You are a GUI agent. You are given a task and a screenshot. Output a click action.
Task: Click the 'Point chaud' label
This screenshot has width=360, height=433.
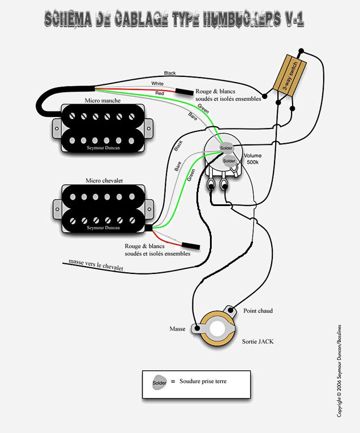pyautogui.click(x=259, y=311)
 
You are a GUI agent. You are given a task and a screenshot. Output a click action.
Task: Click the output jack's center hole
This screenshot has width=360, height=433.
pyautogui.click(x=217, y=328)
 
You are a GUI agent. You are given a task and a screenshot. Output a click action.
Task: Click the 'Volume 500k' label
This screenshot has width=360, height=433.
pyautogui.click(x=253, y=158)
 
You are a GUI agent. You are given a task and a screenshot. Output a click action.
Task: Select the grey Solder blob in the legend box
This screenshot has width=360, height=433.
pyautogui.click(x=160, y=382)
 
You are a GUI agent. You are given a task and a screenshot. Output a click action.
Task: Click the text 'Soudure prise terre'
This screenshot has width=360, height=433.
pyautogui.click(x=203, y=381)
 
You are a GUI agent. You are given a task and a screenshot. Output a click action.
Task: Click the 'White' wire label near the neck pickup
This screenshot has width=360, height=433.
pyautogui.click(x=158, y=84)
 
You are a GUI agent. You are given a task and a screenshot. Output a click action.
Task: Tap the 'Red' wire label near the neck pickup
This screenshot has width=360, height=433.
pyautogui.click(x=160, y=92)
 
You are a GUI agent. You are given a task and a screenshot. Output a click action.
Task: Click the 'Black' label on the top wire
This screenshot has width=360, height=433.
pyautogui.click(x=170, y=73)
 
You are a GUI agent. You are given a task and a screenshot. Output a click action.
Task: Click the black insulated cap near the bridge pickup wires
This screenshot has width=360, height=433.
pyautogui.click(x=190, y=246)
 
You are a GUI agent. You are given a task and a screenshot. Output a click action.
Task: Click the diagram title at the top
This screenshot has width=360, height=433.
pyautogui.click(x=174, y=20)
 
